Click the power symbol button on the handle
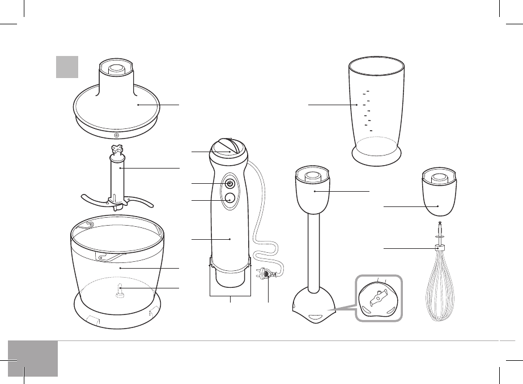coord(230,183)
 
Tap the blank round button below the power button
coord(230,199)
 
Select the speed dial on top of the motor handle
coord(228,148)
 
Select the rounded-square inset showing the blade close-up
coord(379,299)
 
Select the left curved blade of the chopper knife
coord(93,201)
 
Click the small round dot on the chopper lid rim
coord(116,135)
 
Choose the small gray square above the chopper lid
coord(67,66)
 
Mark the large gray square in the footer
coord(33,358)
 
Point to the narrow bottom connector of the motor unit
coord(230,277)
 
